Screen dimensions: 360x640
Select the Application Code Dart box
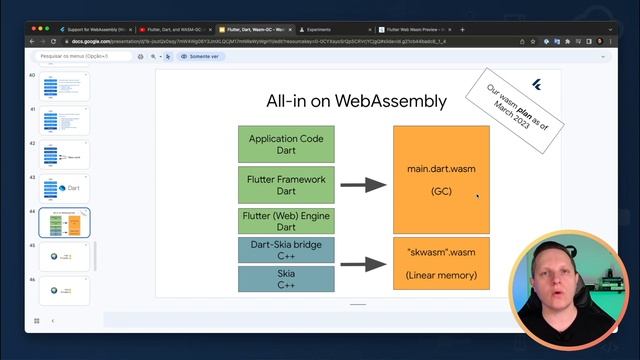[286, 145]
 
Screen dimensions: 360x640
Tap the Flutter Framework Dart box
[286, 185]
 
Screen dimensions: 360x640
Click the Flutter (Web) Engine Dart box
[286, 221]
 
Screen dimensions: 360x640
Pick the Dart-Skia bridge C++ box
[286, 249]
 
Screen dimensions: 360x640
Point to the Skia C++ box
[286, 278]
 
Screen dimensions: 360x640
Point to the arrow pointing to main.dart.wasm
[362, 185]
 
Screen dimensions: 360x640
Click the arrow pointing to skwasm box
[362, 264]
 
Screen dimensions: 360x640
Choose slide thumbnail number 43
[64, 188]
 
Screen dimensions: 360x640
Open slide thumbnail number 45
[64, 257]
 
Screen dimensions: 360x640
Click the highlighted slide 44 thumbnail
[64, 222]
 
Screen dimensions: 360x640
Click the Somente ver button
[201, 57]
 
